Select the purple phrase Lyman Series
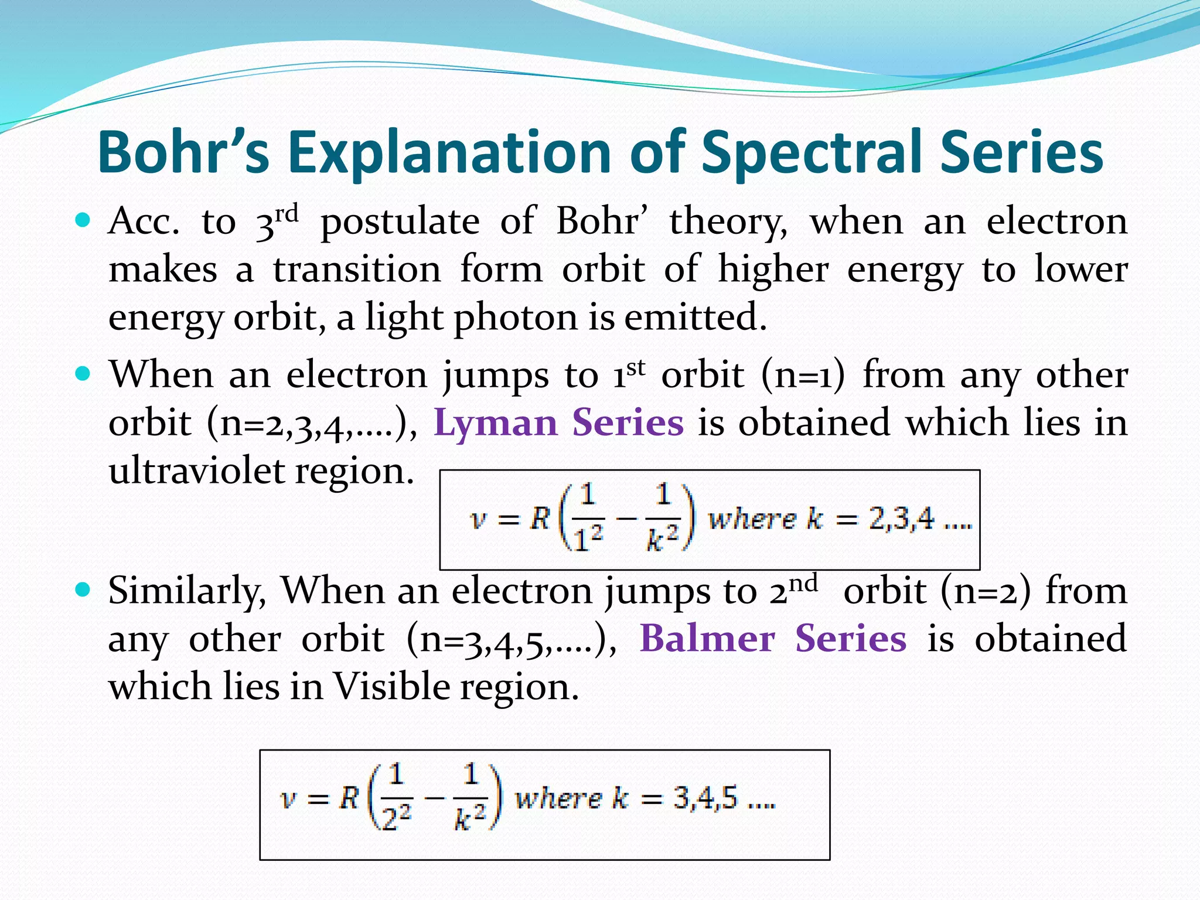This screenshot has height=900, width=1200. (x=558, y=422)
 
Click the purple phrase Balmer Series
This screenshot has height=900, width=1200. (x=773, y=638)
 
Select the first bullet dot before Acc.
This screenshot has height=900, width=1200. (x=83, y=221)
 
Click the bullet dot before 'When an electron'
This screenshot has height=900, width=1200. (x=83, y=374)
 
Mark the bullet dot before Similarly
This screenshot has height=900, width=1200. (x=83, y=589)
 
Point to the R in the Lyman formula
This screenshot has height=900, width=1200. (x=540, y=518)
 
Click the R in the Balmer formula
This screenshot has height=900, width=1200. (x=349, y=798)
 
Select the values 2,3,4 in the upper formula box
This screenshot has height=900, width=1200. (x=901, y=519)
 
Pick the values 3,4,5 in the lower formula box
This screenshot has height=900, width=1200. (x=705, y=798)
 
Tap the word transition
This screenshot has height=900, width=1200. (x=357, y=270)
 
